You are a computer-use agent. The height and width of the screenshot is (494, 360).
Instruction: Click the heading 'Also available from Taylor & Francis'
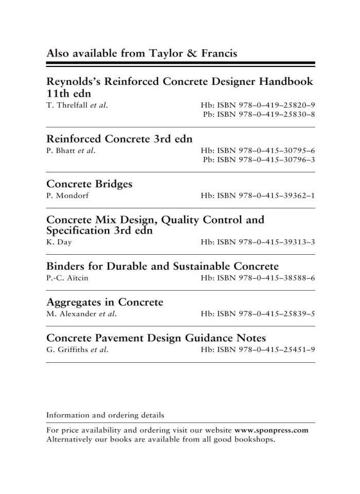141,54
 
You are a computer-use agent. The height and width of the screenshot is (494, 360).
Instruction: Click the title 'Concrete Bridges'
89,184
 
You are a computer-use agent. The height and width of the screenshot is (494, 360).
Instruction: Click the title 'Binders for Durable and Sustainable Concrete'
163,267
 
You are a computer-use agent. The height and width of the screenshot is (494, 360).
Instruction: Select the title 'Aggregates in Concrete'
104,303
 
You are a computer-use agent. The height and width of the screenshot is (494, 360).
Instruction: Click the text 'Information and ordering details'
105,415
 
